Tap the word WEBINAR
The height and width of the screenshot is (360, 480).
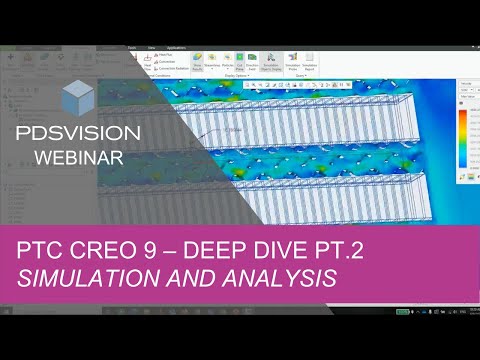pos(80,157)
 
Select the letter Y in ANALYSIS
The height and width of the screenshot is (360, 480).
pos(300,280)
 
